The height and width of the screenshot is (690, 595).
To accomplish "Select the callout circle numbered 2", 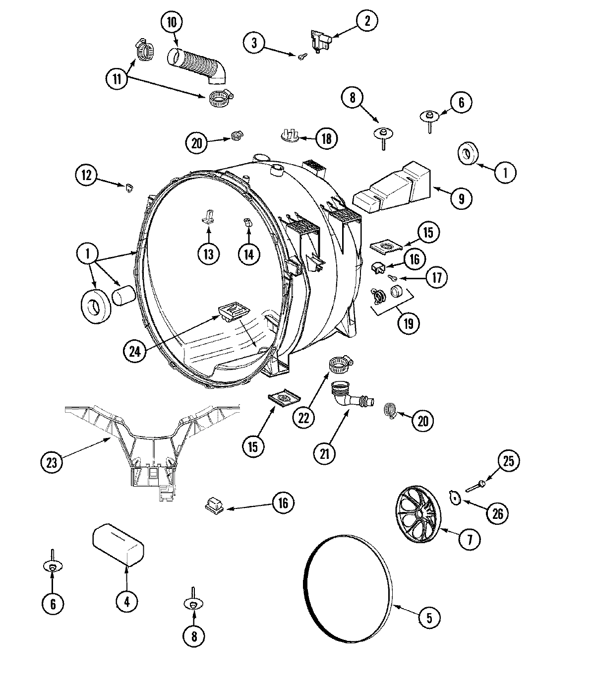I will (x=367, y=21).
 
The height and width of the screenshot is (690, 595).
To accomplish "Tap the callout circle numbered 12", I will (x=87, y=175).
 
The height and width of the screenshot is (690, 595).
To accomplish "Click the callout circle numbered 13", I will (x=208, y=254).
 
